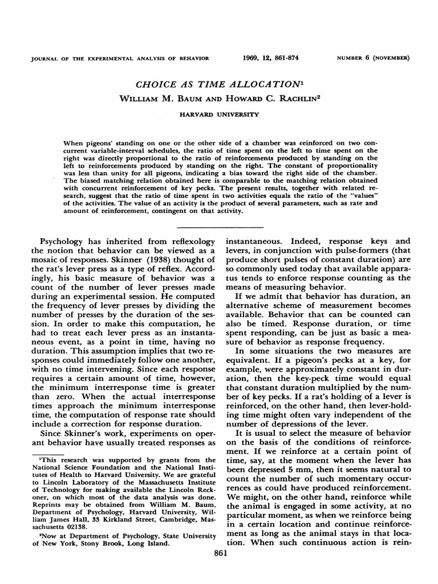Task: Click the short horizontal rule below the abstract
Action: [x=219, y=225]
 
